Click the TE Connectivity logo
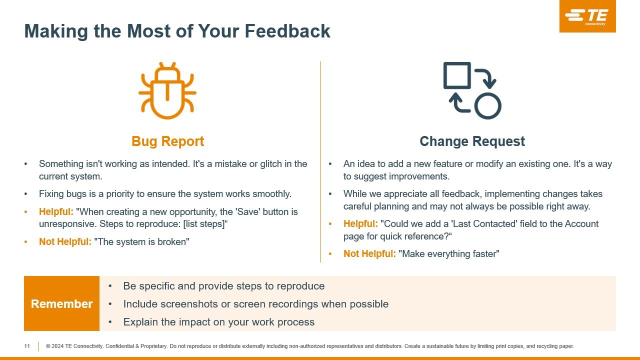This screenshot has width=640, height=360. click(x=587, y=16)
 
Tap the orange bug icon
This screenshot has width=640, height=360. click(x=167, y=91)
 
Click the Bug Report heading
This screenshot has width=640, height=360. click(x=167, y=141)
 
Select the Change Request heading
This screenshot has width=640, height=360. click(x=472, y=141)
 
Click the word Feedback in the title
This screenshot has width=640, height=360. click(x=287, y=31)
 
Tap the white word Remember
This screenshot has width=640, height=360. click(x=61, y=303)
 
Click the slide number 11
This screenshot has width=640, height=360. click(x=27, y=346)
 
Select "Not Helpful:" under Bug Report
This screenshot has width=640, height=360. click(x=65, y=241)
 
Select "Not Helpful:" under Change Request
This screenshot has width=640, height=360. click(x=369, y=253)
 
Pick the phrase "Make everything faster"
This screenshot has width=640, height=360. click(x=449, y=253)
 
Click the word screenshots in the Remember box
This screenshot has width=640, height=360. click(x=189, y=304)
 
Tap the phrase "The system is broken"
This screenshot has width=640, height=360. click(x=141, y=241)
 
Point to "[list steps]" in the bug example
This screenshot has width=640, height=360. click(x=204, y=224)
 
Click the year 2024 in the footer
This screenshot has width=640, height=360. click(x=57, y=346)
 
